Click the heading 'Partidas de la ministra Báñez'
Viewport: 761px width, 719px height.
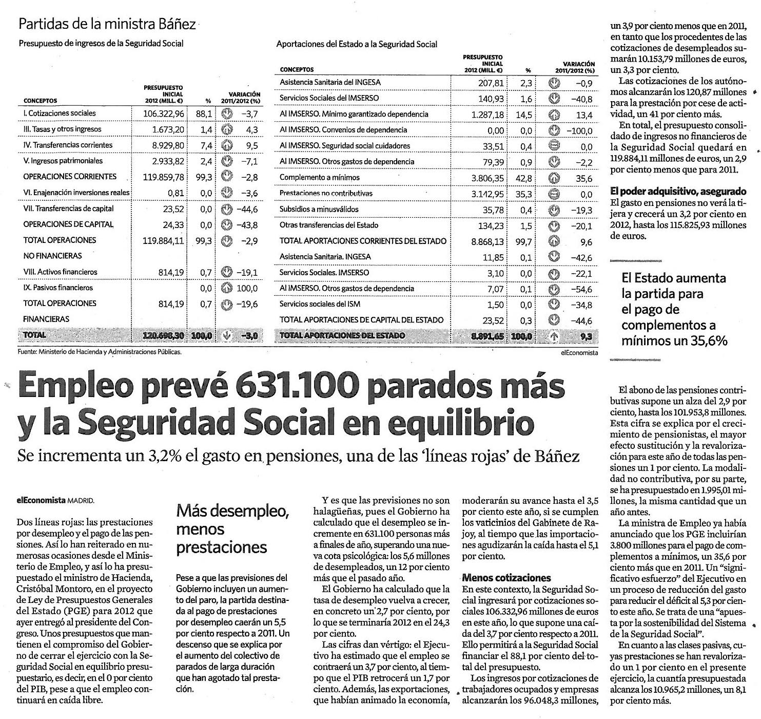(x=107, y=24)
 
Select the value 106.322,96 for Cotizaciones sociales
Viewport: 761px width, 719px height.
(x=163, y=113)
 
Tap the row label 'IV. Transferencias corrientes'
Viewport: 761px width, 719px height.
(x=68, y=145)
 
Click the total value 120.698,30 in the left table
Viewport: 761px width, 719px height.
(x=163, y=336)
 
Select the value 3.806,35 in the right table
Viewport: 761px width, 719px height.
(x=487, y=178)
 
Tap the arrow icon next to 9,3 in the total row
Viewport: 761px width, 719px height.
(x=553, y=336)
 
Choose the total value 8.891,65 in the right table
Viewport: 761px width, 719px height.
(x=487, y=336)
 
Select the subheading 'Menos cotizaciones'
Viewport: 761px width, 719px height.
(x=506, y=578)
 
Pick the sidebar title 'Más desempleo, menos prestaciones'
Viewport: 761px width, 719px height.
(x=232, y=529)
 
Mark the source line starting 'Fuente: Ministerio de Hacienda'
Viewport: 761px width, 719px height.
(x=100, y=352)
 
